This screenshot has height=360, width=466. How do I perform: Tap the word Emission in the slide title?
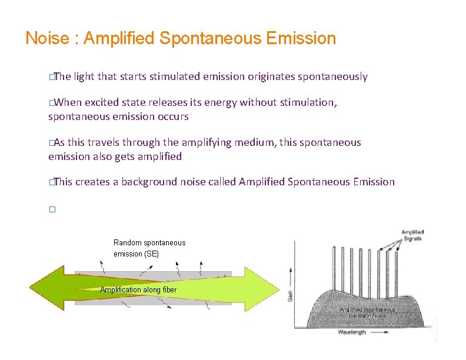(301, 39)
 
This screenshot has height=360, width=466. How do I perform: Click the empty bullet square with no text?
(52, 209)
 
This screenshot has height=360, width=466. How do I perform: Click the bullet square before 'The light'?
(52, 77)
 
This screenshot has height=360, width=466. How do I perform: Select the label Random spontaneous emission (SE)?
(149, 248)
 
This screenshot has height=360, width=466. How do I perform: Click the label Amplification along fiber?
(138, 289)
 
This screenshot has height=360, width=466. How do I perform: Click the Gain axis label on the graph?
(290, 294)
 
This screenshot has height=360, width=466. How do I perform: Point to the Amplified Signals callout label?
(412, 235)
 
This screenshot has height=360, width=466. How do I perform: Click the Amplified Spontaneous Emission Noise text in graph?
(364, 313)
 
